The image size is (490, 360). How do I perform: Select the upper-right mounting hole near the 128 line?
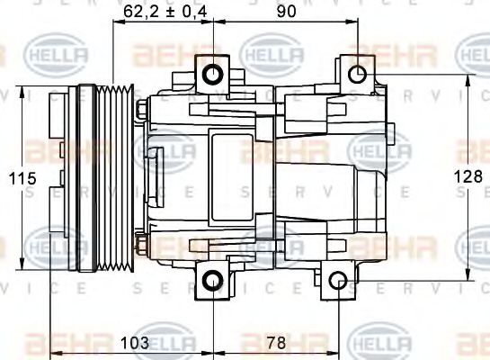click(357, 74)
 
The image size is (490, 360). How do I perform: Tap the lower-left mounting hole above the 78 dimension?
click(212, 282)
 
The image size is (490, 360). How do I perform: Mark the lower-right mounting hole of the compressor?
click(338, 282)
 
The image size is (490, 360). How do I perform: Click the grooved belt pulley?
click(114, 176)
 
